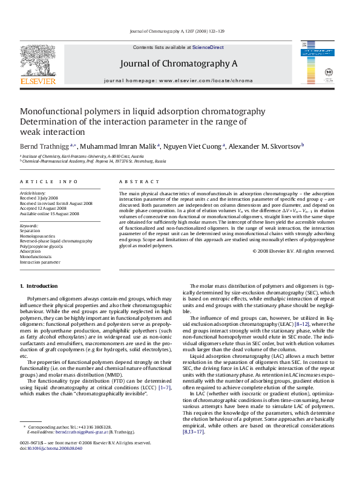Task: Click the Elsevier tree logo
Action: (x=38, y=62)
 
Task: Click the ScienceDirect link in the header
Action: (x=208, y=47)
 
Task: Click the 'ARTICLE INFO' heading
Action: (x=49, y=181)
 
